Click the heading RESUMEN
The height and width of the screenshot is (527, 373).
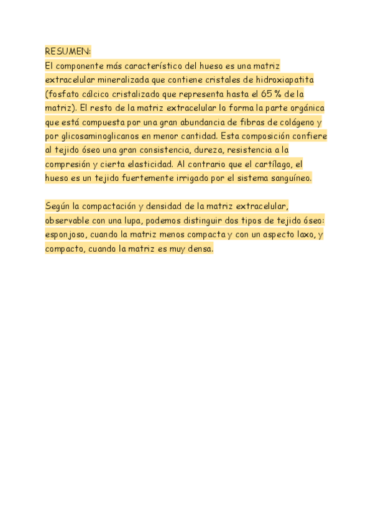(x=67, y=51)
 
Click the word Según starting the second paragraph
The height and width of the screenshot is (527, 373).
(x=58, y=206)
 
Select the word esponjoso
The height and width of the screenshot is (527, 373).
(x=65, y=235)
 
